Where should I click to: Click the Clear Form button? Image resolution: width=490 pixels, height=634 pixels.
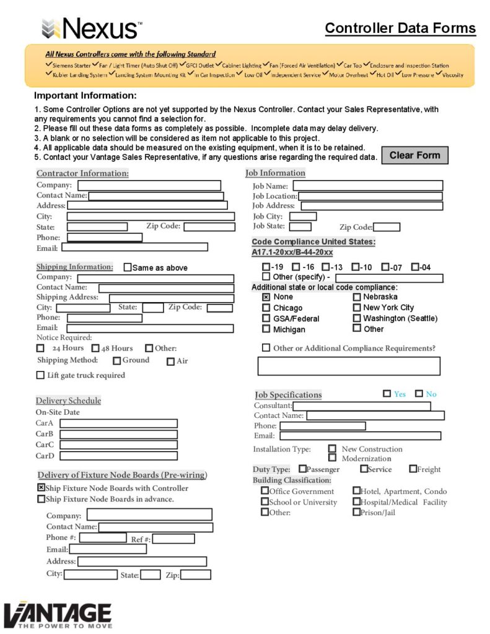[x=414, y=155]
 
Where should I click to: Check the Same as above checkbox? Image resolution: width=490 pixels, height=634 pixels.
[x=128, y=267]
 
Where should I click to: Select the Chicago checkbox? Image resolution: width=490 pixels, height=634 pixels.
[x=266, y=308]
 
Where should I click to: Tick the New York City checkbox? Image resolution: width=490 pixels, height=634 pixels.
[x=357, y=307]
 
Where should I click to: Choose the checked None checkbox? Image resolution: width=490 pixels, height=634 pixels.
[x=266, y=297]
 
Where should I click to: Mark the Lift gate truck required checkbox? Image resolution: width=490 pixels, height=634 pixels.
[x=41, y=375]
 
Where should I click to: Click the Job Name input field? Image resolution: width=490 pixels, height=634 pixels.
[x=368, y=186]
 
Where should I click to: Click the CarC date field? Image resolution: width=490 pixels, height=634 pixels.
[x=118, y=445]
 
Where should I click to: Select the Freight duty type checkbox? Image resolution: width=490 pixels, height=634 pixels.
[x=413, y=469]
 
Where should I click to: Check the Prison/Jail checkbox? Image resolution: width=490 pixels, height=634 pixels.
[x=356, y=512]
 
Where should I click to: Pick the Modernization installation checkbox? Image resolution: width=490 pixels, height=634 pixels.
[x=333, y=458]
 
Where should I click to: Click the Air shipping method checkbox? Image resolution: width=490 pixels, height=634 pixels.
[x=170, y=362]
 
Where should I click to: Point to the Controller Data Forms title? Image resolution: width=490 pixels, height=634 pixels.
[x=400, y=28]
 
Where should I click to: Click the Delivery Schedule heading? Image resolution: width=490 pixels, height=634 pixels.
[x=68, y=401]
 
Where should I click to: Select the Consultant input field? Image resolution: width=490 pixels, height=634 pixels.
[x=361, y=406]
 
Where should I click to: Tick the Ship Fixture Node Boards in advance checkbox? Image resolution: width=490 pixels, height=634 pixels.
[x=42, y=499]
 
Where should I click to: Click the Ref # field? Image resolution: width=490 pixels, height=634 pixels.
[x=173, y=539]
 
